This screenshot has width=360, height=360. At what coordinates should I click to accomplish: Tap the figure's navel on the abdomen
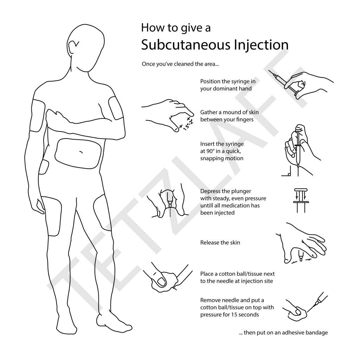(x=81, y=152)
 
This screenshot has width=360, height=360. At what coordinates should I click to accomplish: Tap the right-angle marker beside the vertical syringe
(x=288, y=173)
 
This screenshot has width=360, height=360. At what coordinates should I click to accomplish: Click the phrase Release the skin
(x=220, y=243)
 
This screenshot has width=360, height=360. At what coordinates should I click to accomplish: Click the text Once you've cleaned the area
(x=181, y=64)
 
